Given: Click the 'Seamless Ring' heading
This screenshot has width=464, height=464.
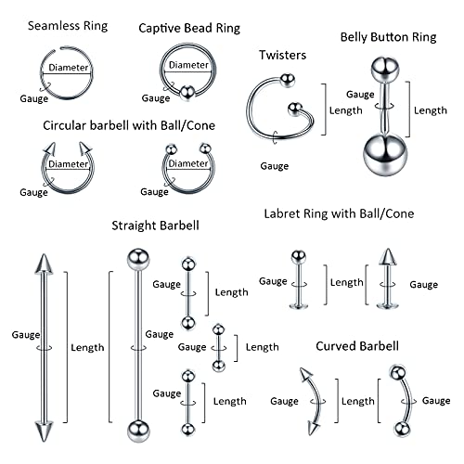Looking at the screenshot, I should [67, 26].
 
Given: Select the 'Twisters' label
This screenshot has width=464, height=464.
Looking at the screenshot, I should [282, 56].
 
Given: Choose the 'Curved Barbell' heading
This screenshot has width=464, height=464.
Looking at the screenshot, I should [357, 346].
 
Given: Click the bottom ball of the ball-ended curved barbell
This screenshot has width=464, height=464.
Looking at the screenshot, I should [402, 428].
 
